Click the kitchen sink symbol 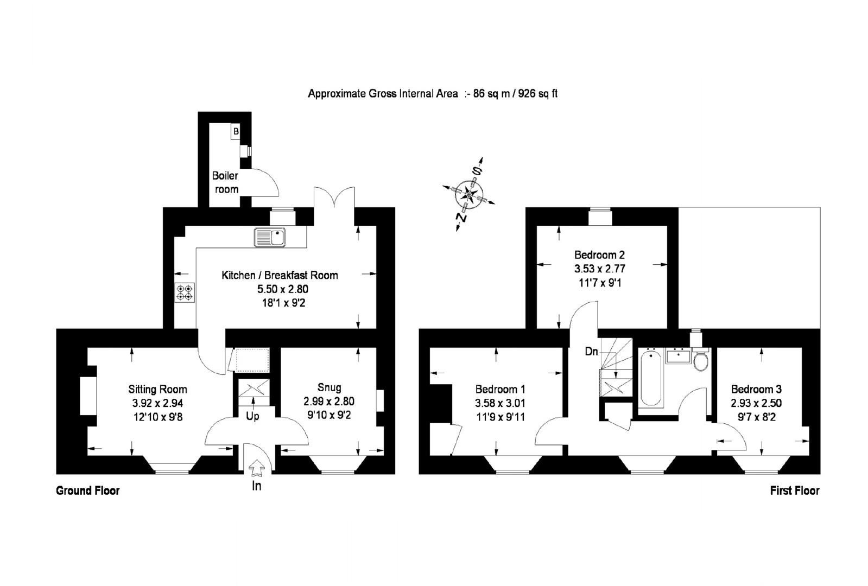coord(270,237)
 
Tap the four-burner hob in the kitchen coord(185,292)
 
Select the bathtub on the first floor coord(651,378)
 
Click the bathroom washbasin coord(678,355)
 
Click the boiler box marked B coord(236,131)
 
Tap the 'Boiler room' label coord(225,182)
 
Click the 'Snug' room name coord(329,387)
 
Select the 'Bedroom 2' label coord(599,255)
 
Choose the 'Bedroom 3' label coord(756,389)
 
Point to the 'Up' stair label coord(252,417)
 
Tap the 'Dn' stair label coord(591,352)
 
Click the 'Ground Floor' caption coord(87,491)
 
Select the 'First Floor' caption coord(795,491)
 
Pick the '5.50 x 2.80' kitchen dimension coord(283,289)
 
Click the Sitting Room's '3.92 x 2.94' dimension coord(158,403)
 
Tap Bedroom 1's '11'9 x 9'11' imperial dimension coord(500,417)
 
